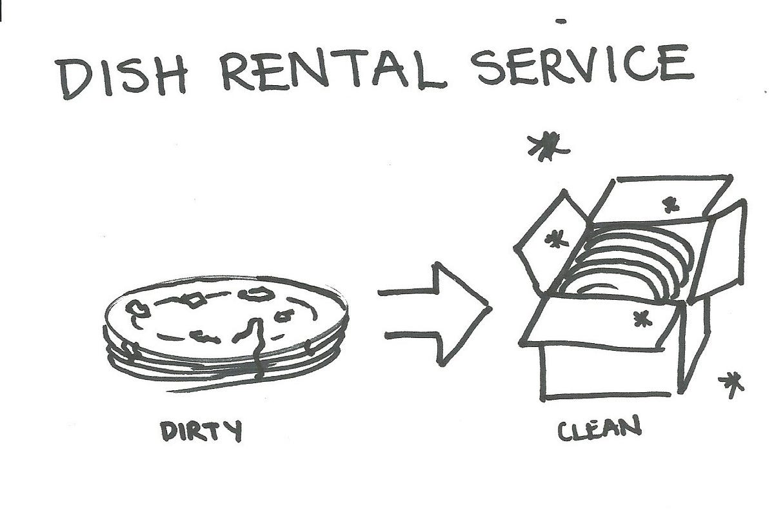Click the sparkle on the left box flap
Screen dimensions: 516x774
coord(552,241)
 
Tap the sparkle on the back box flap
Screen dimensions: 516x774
coord(671,205)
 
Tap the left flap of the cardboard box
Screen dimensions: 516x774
coord(548,242)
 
